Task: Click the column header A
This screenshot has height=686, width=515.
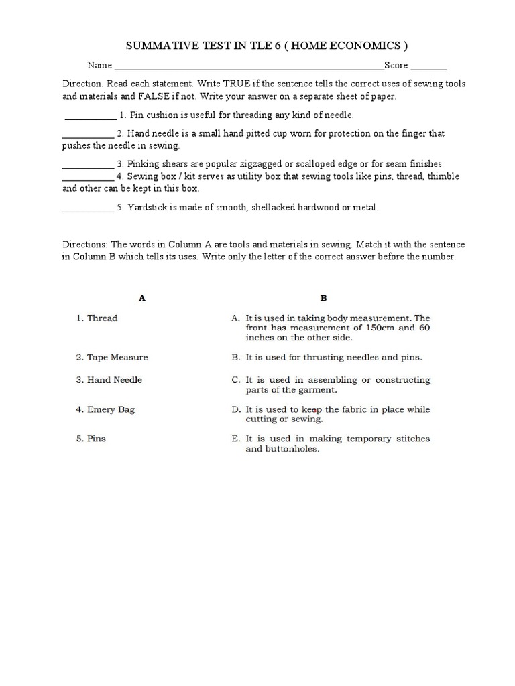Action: point(142,299)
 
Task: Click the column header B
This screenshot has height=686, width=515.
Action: point(323,299)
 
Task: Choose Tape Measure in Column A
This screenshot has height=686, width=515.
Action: point(117,357)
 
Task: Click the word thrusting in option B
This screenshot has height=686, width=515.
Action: point(317,357)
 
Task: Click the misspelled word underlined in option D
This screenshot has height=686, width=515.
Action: point(308,409)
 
